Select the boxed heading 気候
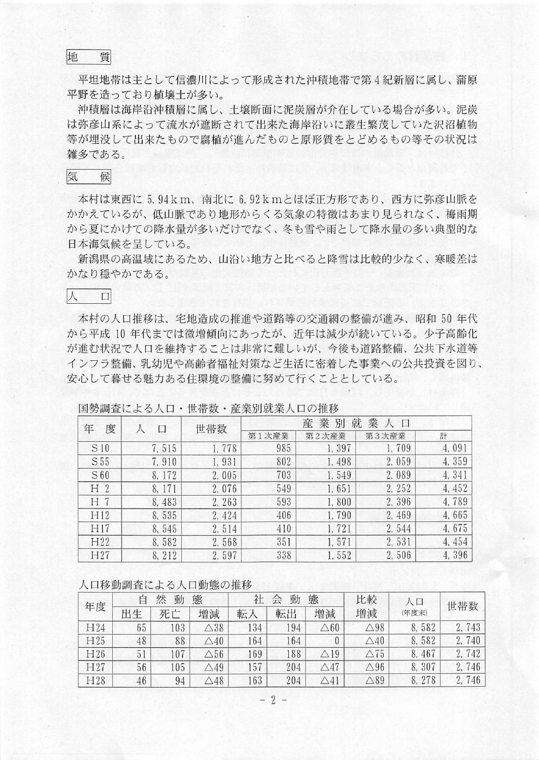click(x=88, y=176)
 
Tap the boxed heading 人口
click(x=88, y=295)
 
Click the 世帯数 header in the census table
click(x=211, y=429)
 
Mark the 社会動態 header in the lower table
click(x=287, y=599)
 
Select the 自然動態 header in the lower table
click(x=171, y=599)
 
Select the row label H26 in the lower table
click(x=96, y=654)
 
